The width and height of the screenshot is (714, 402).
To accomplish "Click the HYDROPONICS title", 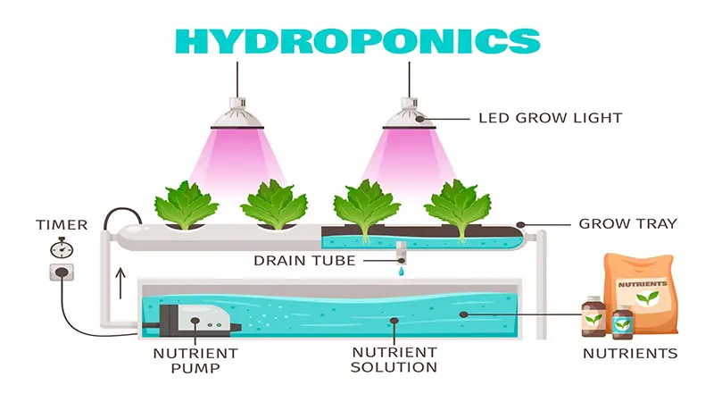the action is (358, 41).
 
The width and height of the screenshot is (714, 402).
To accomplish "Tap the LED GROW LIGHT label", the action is (550, 118).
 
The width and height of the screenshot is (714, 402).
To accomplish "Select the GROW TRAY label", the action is (628, 224).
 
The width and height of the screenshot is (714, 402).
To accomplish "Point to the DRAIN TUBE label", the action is (304, 261).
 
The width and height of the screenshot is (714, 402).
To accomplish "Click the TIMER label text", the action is (62, 225).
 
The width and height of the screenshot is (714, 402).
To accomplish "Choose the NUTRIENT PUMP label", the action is (195, 361).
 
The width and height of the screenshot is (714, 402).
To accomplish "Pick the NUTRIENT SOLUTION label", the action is (394, 360).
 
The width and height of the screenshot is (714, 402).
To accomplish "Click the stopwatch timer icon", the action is (62, 248).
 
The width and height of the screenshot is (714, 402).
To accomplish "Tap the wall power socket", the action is (62, 272).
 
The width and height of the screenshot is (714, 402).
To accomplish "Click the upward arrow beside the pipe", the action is (120, 283).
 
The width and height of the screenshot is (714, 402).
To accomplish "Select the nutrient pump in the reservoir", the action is (195, 321).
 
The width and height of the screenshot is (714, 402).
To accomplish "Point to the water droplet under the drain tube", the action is (401, 272).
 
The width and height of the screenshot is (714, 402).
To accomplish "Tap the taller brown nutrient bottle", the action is (594, 316).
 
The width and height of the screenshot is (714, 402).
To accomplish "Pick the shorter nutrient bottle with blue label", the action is (622, 322).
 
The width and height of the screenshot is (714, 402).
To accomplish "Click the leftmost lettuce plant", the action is (186, 205).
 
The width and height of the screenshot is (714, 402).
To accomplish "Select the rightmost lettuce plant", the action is (457, 207).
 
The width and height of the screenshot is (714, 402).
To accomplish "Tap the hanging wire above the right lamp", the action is (409, 80).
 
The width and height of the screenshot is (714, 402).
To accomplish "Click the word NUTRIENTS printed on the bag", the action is (643, 284).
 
